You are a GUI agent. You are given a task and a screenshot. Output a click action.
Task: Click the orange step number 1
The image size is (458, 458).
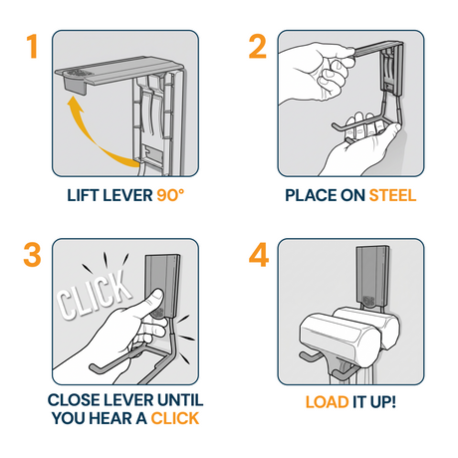point(32,47)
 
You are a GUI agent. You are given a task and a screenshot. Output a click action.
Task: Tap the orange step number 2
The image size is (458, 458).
point(258,47)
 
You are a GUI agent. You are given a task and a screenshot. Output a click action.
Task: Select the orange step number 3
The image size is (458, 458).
point(32,255)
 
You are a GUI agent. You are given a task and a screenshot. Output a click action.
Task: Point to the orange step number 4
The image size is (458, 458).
point(259,255)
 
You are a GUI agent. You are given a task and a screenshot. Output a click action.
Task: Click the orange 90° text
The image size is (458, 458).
point(170,195)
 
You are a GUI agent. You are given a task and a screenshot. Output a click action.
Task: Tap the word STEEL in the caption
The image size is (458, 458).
point(392,195)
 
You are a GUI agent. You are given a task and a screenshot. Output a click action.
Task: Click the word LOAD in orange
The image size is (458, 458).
point(327,402)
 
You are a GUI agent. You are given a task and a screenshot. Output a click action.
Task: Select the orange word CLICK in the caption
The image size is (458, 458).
point(175,418)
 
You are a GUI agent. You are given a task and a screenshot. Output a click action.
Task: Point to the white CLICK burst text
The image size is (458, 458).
point(94,296)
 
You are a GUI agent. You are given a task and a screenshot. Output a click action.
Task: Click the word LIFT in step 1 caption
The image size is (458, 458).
point(83,195)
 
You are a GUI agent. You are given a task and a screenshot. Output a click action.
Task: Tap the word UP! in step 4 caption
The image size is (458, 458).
point(383,402)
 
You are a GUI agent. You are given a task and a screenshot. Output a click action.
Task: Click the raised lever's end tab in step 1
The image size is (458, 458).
point(74,83)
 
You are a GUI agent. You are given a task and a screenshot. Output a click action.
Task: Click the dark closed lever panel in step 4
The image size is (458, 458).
point(371,276)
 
